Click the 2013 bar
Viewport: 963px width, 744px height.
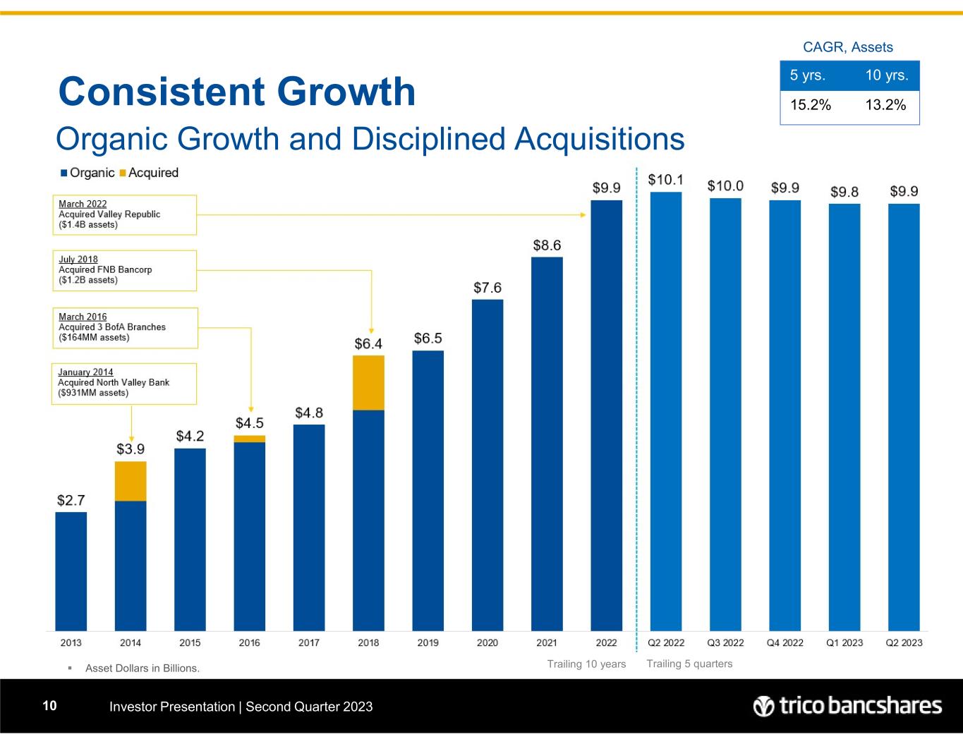71,571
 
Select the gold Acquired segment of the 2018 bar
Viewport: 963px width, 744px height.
368,383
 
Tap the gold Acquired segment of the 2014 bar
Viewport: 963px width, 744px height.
131,481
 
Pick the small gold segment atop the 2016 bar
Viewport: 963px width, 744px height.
249,439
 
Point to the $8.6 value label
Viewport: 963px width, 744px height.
547,245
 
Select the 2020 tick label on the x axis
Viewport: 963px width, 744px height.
487,642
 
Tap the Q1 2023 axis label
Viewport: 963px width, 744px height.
844,642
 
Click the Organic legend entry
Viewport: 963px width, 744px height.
87,173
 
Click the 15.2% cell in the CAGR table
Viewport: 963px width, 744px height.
811,105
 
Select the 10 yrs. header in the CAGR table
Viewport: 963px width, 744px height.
886,75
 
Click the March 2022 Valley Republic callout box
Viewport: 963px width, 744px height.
124,214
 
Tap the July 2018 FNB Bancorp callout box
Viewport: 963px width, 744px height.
124,270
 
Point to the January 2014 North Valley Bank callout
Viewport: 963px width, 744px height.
124,383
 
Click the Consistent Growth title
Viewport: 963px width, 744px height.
237,92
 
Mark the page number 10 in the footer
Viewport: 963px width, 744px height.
49,706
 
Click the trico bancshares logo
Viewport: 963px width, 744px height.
847,706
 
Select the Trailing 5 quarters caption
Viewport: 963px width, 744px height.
689,664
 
